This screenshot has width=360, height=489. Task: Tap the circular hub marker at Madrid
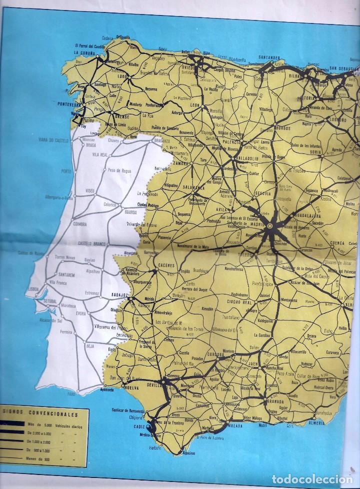pyautogui.click(x=270, y=226)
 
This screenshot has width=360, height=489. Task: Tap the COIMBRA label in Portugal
pyautogui.click(x=81, y=224)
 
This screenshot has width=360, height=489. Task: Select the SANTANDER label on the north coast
pyautogui.click(x=271, y=57)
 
